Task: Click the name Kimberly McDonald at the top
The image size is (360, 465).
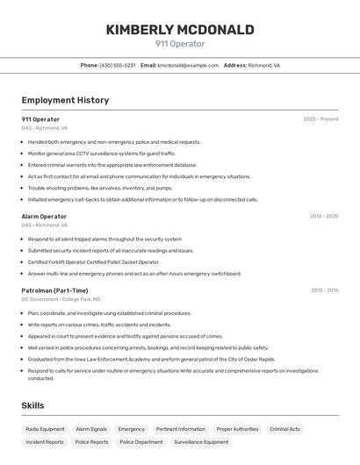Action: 180,30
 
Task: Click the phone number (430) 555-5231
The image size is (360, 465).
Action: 118,65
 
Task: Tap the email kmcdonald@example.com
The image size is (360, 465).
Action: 188,65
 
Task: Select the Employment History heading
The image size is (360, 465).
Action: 65,100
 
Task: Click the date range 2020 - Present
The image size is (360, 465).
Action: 320,119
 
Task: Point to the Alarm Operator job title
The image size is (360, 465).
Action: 44,216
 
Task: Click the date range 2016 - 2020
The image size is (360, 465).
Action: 323,216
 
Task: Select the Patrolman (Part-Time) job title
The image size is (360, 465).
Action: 54,290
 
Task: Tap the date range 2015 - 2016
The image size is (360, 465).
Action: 323,290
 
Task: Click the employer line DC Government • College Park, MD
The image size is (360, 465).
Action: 61,299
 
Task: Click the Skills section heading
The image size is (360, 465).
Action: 32,405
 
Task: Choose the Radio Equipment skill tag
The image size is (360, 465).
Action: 45,429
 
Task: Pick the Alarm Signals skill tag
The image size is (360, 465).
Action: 90,429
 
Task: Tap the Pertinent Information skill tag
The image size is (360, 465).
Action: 180,429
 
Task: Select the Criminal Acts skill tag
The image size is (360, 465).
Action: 284,429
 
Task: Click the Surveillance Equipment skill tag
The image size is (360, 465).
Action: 201,442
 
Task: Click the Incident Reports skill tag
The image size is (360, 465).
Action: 45,442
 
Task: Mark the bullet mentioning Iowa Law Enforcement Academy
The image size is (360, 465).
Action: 151,359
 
